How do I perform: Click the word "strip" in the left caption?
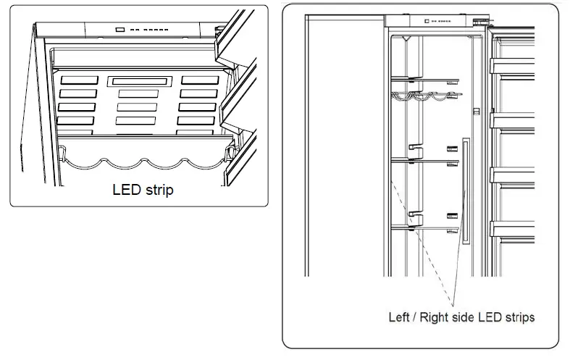point(158,191)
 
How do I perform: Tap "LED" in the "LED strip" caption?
point(126,191)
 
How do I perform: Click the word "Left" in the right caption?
point(399,317)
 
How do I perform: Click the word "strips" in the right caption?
point(519,317)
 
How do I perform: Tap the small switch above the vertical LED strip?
point(475,112)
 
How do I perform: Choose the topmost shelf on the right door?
point(514,66)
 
